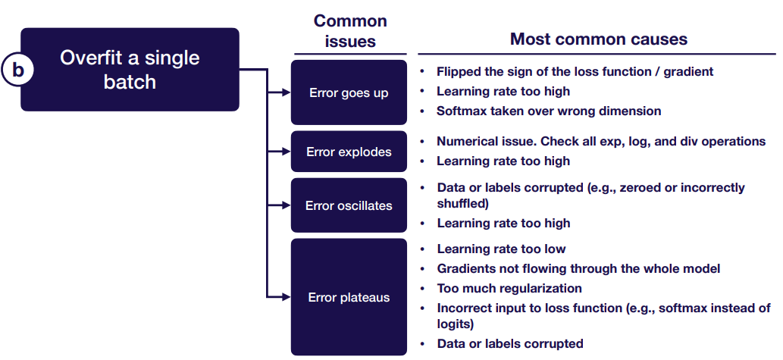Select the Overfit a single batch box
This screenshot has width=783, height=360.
click(x=130, y=70)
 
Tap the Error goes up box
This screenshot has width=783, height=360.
click(x=349, y=93)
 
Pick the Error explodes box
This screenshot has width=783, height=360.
click(x=349, y=152)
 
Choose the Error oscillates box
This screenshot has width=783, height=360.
click(x=349, y=205)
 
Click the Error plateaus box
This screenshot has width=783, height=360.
click(x=349, y=297)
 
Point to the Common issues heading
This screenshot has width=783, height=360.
click(x=350, y=31)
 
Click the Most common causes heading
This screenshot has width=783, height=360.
click(x=599, y=39)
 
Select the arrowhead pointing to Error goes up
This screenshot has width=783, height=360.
click(x=286, y=93)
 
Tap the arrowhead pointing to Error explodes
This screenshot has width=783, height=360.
click(x=286, y=152)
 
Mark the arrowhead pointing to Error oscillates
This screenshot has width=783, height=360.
click(x=286, y=205)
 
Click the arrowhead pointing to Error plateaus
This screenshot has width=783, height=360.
click(x=286, y=297)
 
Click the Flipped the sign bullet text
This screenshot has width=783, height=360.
click(x=575, y=71)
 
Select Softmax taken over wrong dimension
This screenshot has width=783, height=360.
click(x=549, y=111)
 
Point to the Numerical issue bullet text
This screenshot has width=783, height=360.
click(x=601, y=142)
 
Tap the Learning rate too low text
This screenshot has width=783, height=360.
click(x=501, y=249)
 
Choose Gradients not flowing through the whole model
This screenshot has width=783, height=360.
click(x=578, y=268)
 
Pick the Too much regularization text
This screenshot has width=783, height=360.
click(x=509, y=288)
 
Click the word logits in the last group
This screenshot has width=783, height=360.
click(x=455, y=324)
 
